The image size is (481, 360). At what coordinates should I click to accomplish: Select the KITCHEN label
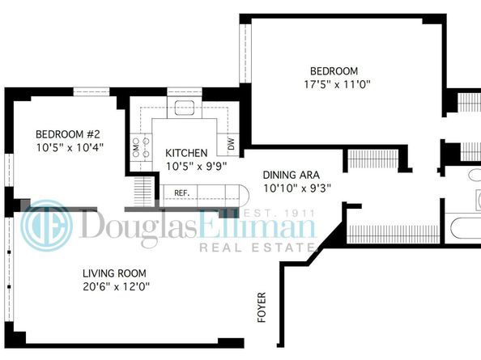coord(186,153)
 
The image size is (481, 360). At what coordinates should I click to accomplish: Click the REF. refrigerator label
coord(181,193)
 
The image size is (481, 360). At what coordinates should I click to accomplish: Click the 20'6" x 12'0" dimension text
coord(117,286)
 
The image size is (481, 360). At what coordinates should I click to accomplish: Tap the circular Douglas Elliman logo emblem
coord(48,227)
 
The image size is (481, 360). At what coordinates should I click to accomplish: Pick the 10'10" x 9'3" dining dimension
coord(297,188)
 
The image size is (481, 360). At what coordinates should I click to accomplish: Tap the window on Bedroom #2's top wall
coord(92,91)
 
